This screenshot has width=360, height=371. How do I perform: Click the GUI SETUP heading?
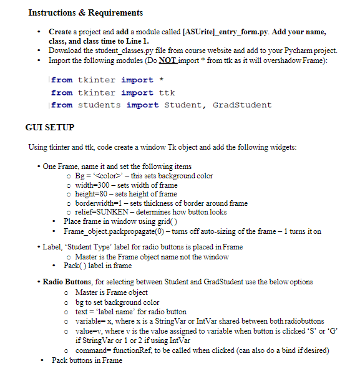[50, 127]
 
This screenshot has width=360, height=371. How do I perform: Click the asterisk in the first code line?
[162, 80]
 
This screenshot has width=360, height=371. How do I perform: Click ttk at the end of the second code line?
[167, 92]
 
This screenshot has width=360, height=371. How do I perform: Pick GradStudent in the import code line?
[242, 105]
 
